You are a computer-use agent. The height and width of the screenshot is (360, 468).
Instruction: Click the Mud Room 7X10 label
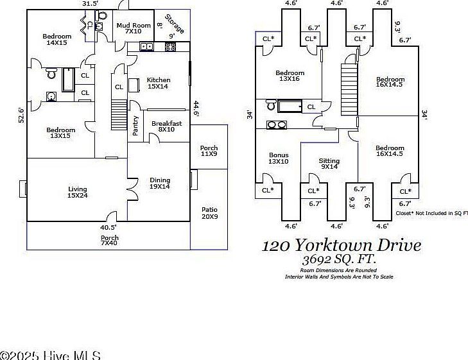[133, 28]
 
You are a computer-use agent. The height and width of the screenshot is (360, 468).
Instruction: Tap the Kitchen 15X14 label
[158, 83]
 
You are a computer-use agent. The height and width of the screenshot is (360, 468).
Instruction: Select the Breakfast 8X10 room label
[166, 126]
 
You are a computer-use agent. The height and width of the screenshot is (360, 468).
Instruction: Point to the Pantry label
[135, 126]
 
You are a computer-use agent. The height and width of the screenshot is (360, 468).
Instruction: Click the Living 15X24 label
[78, 192]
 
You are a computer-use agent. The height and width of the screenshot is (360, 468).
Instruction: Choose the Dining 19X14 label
[160, 184]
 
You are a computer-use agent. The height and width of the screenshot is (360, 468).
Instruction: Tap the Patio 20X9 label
[209, 213]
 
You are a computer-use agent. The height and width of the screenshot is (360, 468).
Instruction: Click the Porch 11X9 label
[209, 151]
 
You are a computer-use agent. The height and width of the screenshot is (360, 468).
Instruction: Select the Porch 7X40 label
[109, 241]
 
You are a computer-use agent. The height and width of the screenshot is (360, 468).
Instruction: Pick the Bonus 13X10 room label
[279, 158]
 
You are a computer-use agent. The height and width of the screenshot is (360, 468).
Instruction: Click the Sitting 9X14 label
[329, 164]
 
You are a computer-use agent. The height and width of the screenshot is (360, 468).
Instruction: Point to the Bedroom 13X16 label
[290, 76]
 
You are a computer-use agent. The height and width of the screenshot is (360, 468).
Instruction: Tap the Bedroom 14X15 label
[57, 39]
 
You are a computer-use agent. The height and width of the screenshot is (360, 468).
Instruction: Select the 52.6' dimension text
[21, 115]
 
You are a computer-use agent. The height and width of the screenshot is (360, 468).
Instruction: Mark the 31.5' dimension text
[91, 4]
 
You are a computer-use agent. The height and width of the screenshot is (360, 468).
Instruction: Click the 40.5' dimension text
[108, 227]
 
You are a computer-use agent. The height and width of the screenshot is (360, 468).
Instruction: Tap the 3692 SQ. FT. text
[340, 259]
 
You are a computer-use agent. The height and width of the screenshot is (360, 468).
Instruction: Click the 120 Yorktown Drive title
[342, 245]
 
